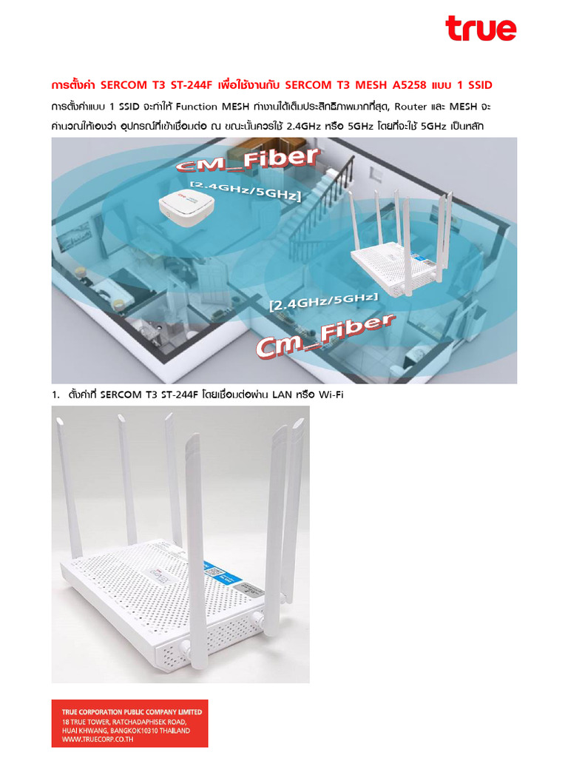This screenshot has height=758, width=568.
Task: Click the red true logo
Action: pos(480,29)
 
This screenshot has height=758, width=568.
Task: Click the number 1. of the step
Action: pos(55,395)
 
